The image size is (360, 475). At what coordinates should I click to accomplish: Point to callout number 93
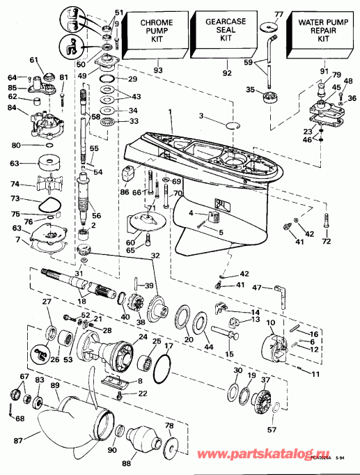coord(158,70)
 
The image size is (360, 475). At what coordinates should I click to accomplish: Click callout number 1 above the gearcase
coord(169,111)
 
